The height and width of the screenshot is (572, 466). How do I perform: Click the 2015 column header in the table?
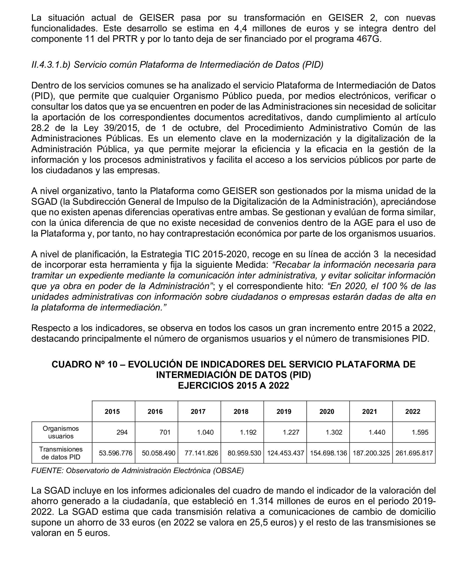coord(112,412)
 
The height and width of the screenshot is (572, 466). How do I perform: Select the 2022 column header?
coord(413,412)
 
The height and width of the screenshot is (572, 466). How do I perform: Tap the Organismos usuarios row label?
coord(61,432)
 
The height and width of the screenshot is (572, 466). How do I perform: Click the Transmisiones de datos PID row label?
coord(61,453)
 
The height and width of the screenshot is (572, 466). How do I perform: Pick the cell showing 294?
coord(122,432)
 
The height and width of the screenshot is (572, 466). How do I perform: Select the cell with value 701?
coord(165,432)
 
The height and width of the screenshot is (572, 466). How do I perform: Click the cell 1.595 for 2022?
coord(420,432)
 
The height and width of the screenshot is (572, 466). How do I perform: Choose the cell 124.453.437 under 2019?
coord(286,453)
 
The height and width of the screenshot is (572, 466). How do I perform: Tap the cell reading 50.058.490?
coord(158,453)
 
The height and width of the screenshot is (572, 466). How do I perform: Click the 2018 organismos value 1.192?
coord(248,432)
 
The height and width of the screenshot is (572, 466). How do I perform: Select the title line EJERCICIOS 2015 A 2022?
coord(233,386)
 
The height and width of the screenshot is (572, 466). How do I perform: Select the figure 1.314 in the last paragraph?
coord(261,501)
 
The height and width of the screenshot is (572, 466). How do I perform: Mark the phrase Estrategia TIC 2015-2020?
coord(194,254)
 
